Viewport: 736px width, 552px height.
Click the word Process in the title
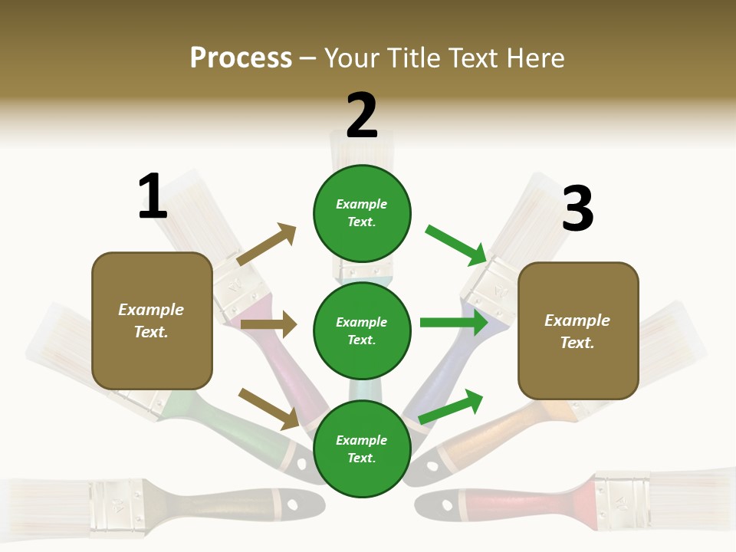[241, 58]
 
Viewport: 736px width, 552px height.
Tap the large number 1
[153, 197]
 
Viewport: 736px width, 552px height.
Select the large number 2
[362, 116]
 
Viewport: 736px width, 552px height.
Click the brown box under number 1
[152, 320]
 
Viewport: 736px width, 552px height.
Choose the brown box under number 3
[578, 330]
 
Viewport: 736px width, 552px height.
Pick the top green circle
[362, 213]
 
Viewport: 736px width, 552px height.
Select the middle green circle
[362, 330]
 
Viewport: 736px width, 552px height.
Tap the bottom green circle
[362, 449]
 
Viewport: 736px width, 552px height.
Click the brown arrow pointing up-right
[266, 245]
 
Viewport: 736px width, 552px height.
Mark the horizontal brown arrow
[268, 325]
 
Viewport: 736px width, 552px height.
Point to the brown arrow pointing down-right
[268, 409]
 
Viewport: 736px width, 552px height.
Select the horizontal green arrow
[454, 323]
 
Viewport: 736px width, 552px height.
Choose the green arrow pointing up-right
[451, 406]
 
